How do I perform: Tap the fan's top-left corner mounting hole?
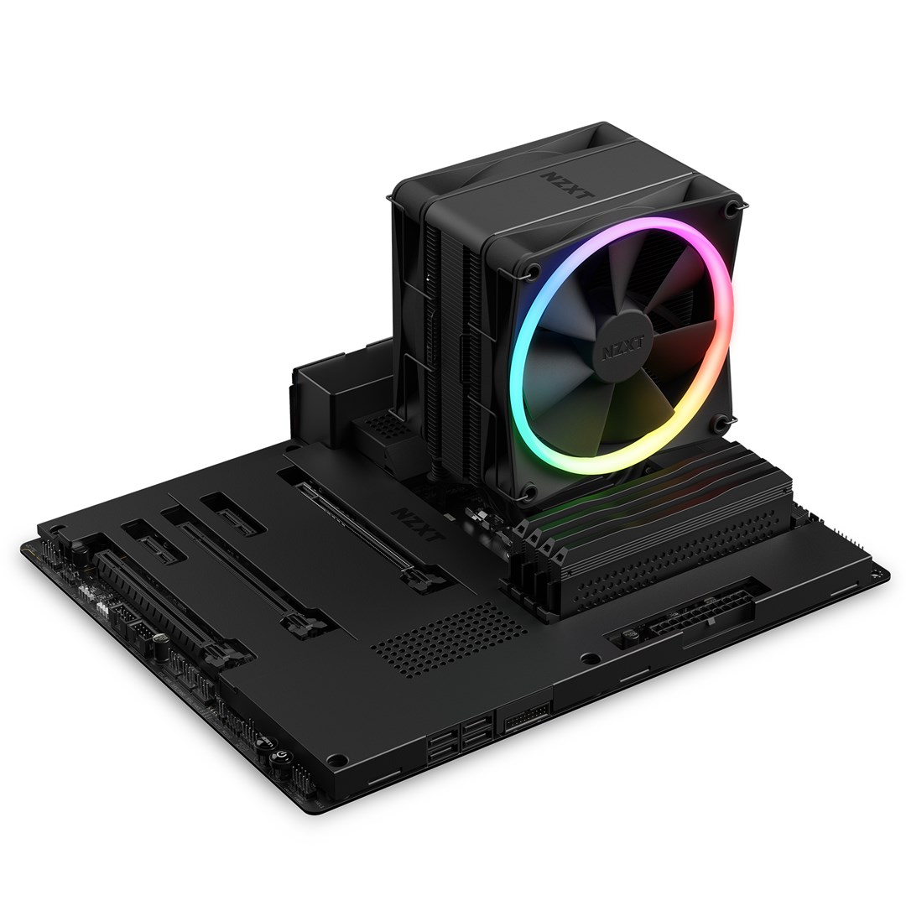tap(532, 271)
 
